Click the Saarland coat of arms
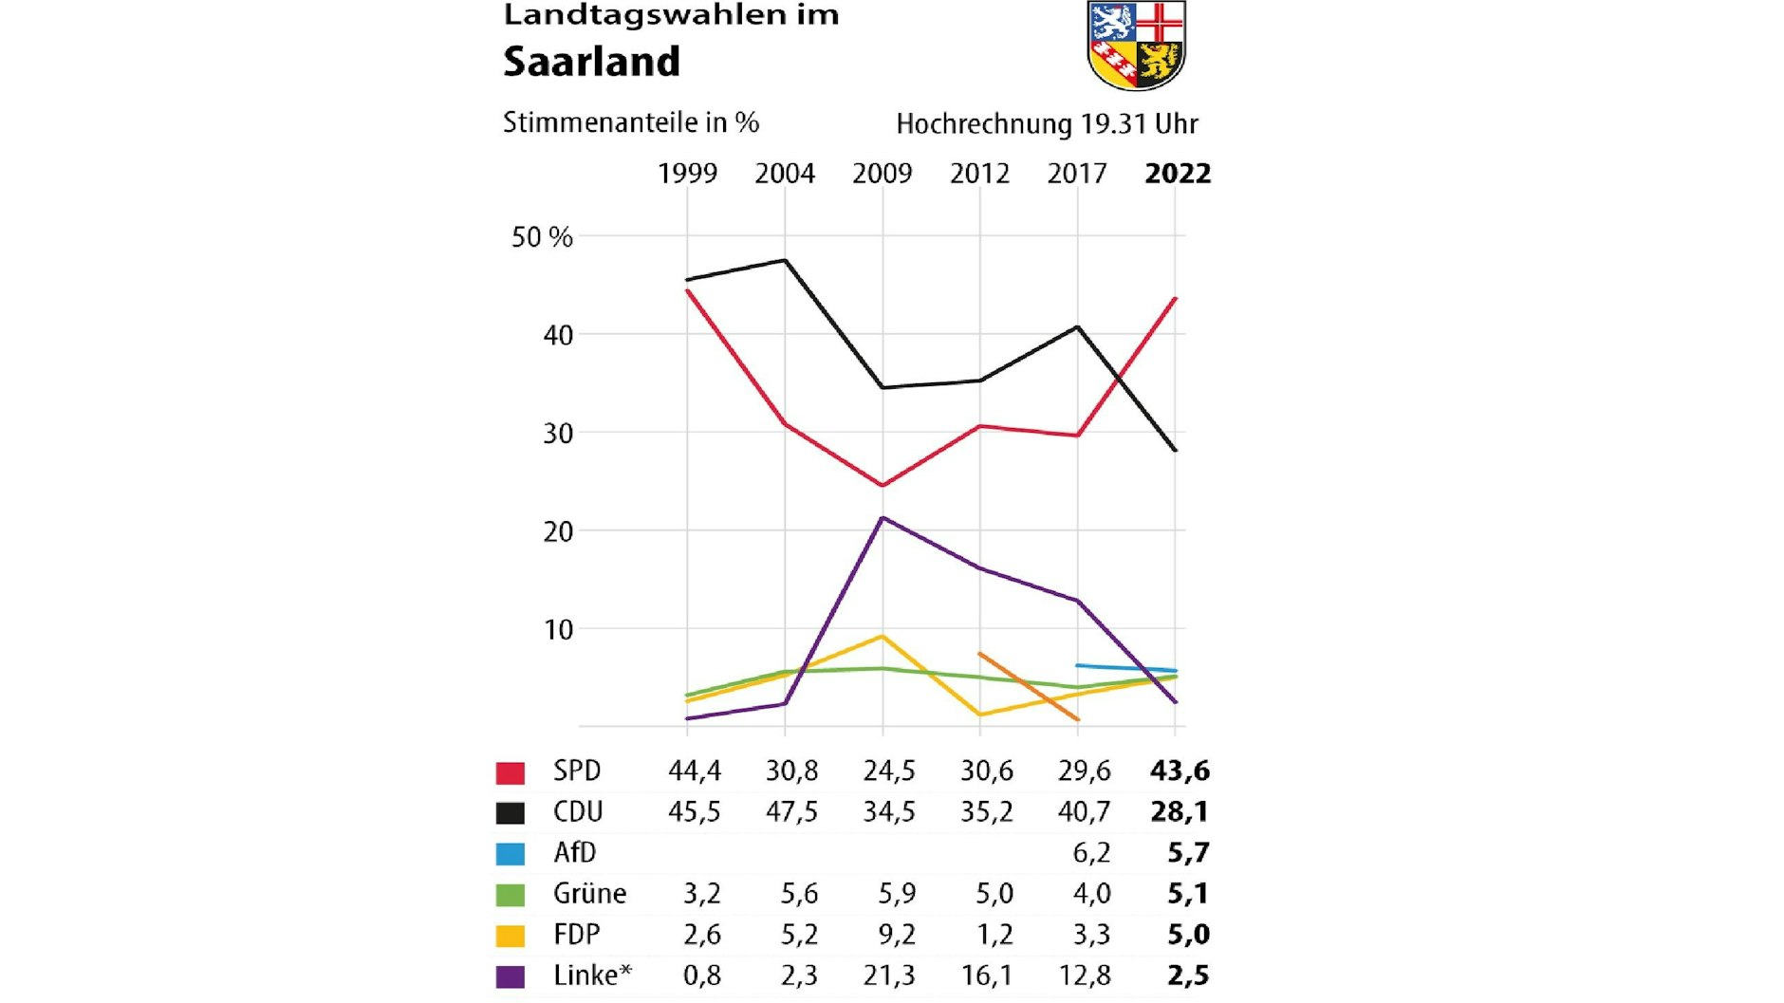pos(1136,46)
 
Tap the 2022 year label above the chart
pos(1178,174)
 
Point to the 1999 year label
pos(687,174)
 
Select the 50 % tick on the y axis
pos(542,237)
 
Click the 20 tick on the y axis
pos(558,531)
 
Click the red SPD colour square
pos(511,772)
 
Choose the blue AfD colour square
pos(511,854)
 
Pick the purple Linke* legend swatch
pos(511,976)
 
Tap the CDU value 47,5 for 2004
pos(791,812)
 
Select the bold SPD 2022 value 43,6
pos(1180,771)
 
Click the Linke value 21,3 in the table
pos(889,975)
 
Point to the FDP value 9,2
pos(897,935)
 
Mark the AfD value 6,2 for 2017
pos(1091,853)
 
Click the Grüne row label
pos(589,894)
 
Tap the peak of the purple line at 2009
pos(883,518)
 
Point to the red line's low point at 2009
pos(883,485)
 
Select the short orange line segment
pos(1029,686)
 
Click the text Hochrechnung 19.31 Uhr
pos(1047,124)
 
